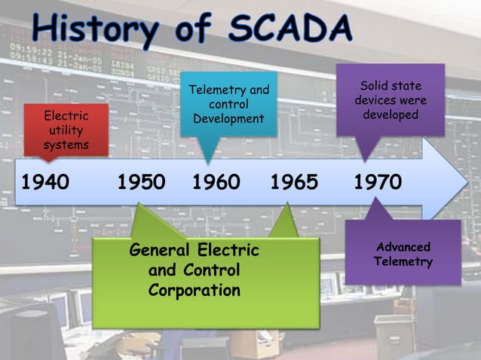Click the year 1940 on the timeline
pos(45,183)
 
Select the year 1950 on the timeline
pos(142,183)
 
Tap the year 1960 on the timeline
pos(216,183)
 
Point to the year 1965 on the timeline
pos(294,183)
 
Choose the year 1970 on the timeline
pos(378,183)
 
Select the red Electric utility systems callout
pos(66,130)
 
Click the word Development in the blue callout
pos(228,119)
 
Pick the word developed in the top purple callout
pos(391,115)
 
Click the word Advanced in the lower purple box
pos(403,247)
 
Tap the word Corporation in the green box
pos(195,290)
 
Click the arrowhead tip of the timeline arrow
pos(467,182)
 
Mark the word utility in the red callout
pos(66,130)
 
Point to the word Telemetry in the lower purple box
pos(403,262)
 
